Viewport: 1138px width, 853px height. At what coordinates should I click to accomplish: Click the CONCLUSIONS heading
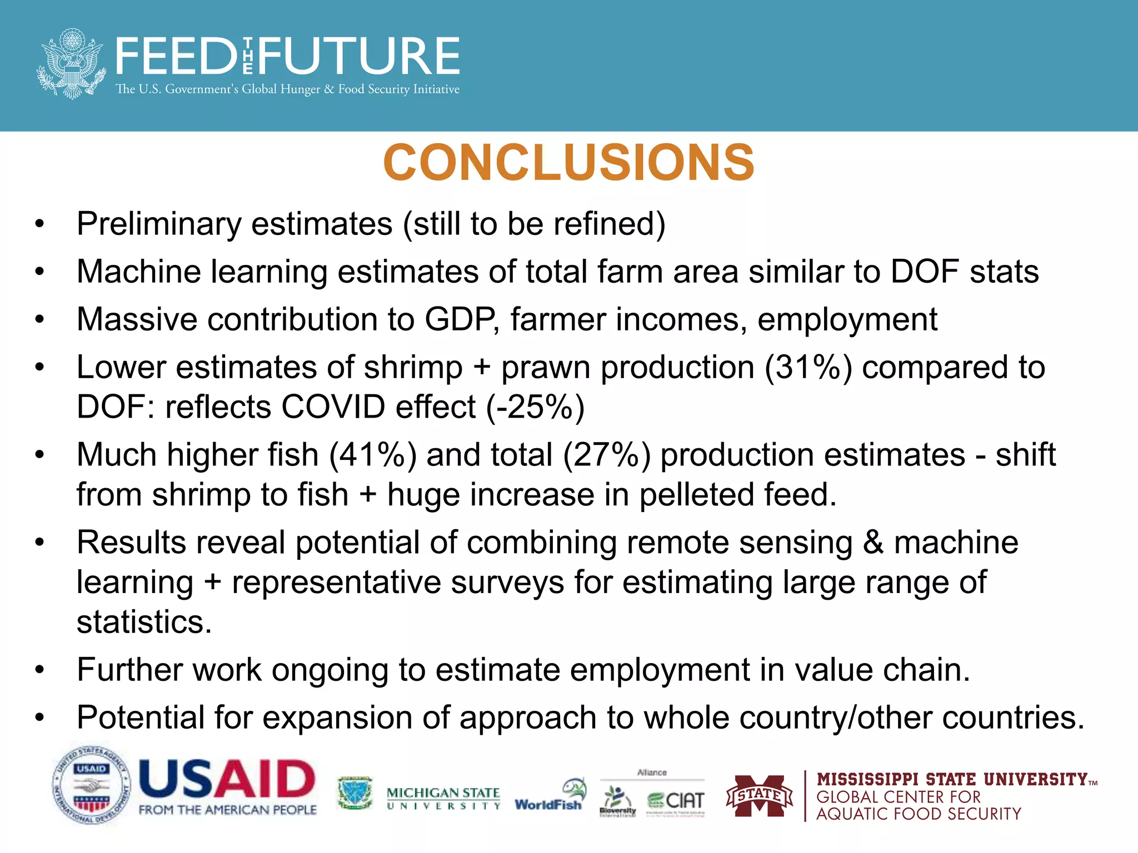coord(568,163)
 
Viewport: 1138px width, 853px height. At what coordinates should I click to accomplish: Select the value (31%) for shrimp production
coord(808,368)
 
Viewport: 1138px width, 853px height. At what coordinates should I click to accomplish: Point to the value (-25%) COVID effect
coord(535,407)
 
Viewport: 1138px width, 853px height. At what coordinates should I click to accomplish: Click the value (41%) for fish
coord(372,455)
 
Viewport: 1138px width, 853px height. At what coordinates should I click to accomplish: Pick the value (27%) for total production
coord(606,455)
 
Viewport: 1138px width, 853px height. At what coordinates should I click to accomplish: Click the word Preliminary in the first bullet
coord(158,224)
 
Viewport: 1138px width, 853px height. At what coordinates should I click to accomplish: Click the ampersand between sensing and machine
coord(873,543)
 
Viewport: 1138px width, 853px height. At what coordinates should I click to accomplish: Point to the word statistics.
coord(144,622)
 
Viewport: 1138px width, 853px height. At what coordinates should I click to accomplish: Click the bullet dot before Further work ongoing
coord(39,670)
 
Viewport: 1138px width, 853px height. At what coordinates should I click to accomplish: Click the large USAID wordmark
coord(227,779)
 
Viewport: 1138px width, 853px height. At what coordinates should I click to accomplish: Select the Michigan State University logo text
coord(443,798)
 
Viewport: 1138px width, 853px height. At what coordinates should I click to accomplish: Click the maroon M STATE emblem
coord(759,796)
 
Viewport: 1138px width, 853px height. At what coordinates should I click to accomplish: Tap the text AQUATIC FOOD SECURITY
coord(918,814)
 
